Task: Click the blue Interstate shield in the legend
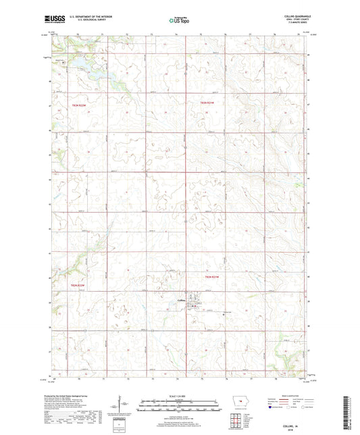point(272,407)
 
